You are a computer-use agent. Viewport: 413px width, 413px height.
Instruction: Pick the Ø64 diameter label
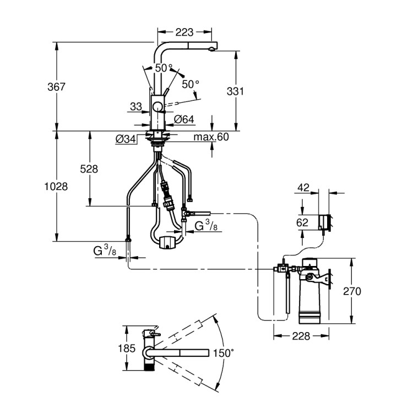183,119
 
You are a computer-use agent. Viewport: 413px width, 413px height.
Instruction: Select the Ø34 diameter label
126,140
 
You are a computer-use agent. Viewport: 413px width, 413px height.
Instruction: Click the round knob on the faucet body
158,107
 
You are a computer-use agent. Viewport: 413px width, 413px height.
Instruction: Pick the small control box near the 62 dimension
324,222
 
